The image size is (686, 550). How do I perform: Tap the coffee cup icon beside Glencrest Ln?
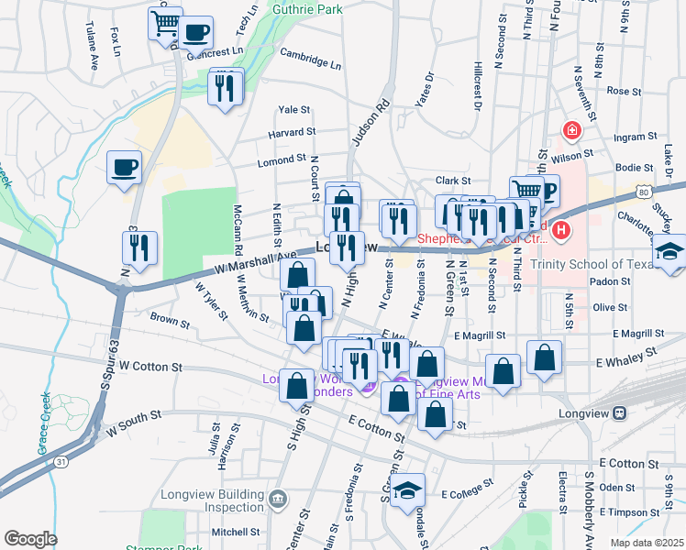(195, 33)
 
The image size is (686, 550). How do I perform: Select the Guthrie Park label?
(307, 9)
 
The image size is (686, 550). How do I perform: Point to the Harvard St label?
(292, 134)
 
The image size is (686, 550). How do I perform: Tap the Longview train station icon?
(620, 412)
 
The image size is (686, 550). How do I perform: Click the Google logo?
(30, 539)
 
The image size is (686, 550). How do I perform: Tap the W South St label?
(134, 422)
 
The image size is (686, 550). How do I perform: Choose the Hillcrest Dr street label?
(478, 88)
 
